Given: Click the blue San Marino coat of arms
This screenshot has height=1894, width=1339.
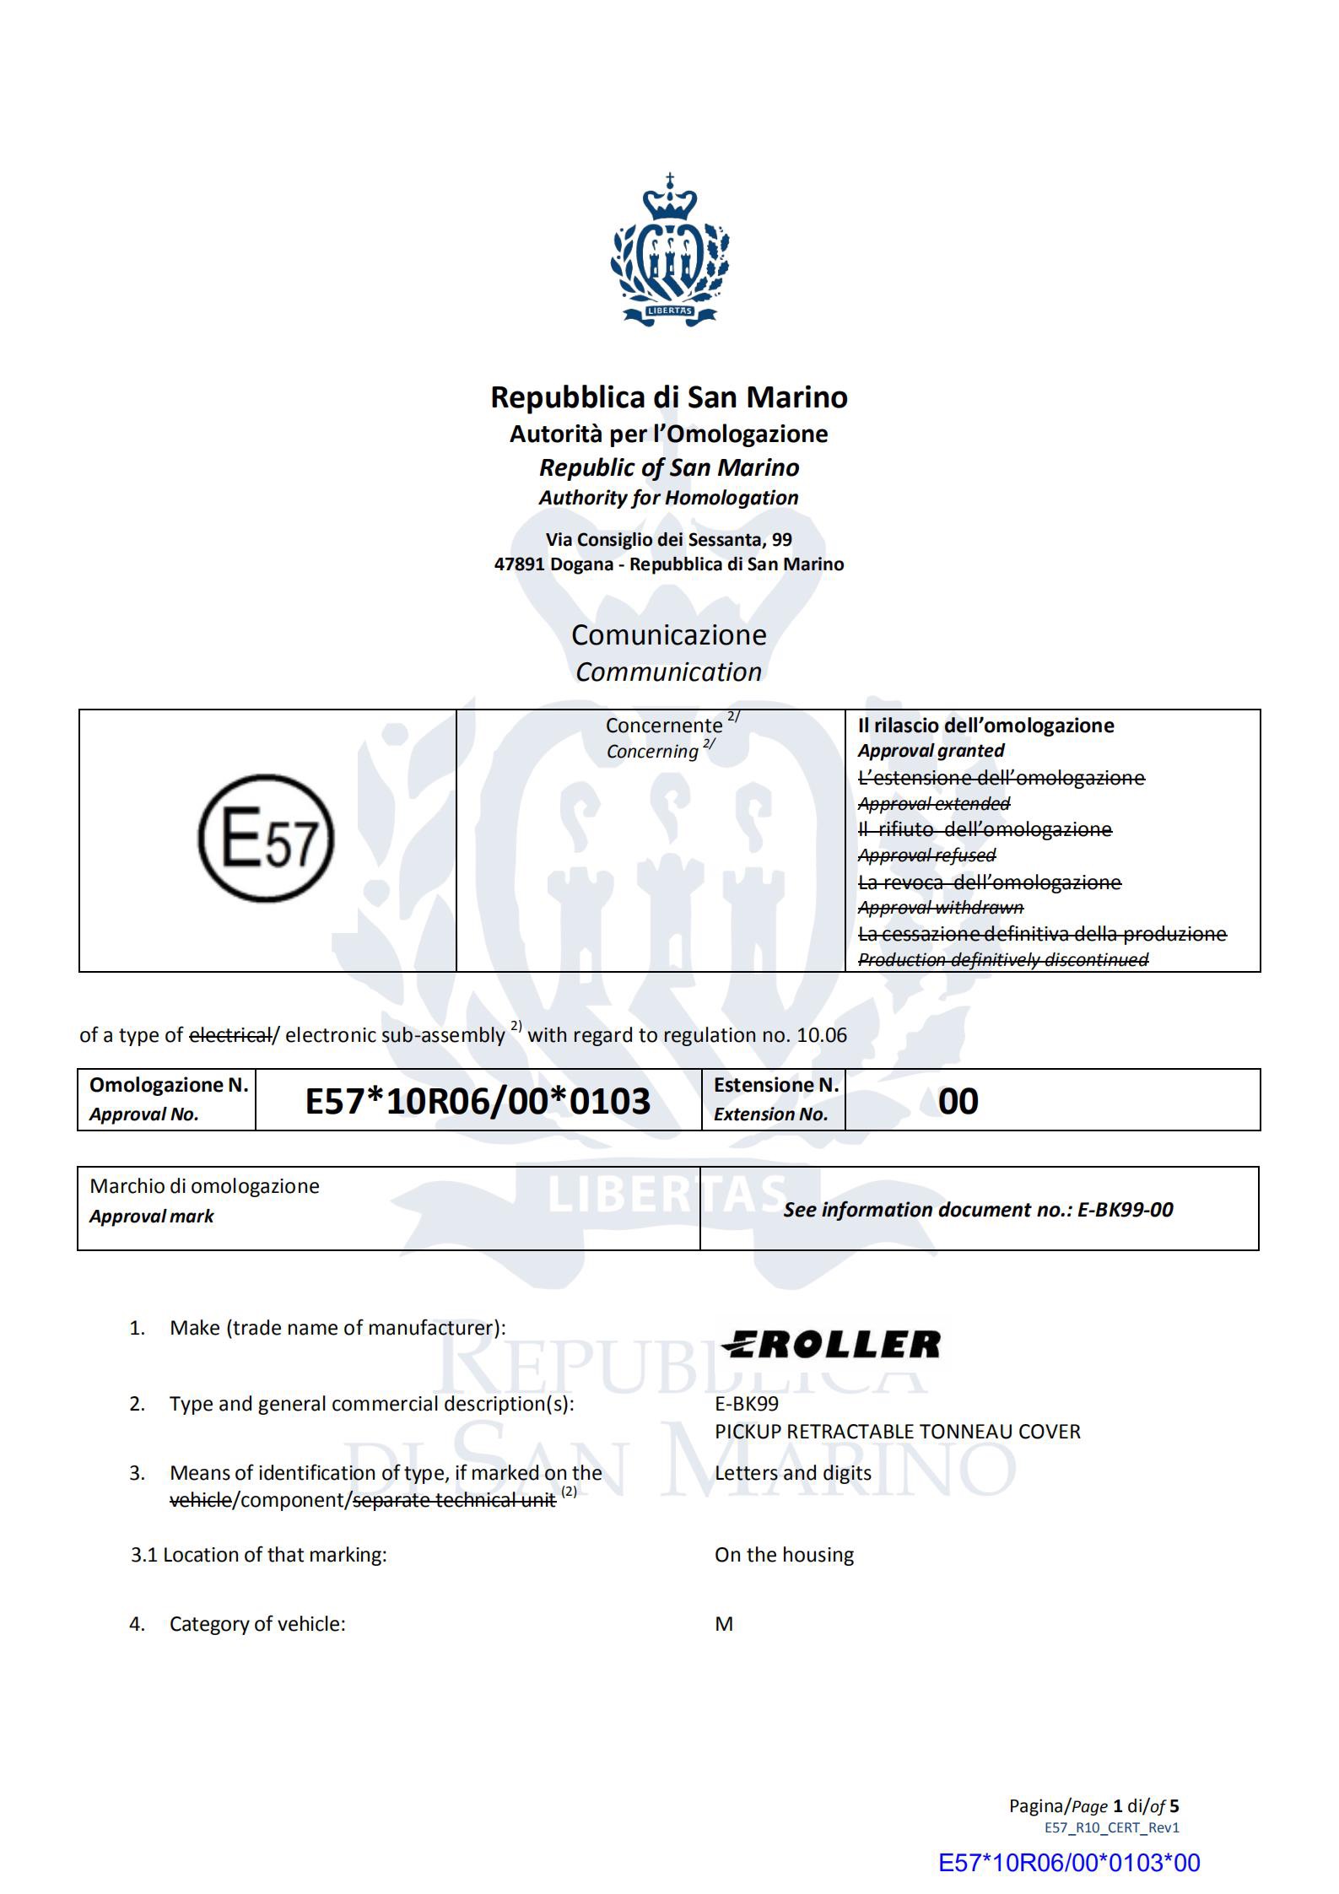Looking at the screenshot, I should [x=670, y=250].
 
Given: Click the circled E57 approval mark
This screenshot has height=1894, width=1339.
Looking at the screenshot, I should [x=267, y=839].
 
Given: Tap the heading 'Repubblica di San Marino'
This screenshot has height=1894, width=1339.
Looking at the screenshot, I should [x=669, y=397].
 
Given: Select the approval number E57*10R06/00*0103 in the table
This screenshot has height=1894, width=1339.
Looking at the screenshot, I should [x=478, y=1101].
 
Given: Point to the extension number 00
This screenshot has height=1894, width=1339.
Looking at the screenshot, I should [x=958, y=1101].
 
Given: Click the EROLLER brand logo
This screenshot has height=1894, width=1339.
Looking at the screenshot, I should [x=831, y=1345].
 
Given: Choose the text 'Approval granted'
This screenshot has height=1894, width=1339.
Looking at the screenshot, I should [x=931, y=751].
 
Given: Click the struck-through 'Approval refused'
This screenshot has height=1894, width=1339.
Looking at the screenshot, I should [x=926, y=855].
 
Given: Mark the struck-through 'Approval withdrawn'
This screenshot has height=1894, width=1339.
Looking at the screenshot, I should [x=940, y=908].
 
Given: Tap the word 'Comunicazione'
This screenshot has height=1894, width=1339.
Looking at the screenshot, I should [x=669, y=634].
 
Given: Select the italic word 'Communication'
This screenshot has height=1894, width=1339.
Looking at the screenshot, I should [x=669, y=672].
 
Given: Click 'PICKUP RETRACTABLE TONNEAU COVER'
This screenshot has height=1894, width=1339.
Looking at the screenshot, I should [x=897, y=1432].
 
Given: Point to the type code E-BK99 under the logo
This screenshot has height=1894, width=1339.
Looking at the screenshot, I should [x=747, y=1404].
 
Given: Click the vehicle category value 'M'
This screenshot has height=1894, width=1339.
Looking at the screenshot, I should [x=724, y=1624].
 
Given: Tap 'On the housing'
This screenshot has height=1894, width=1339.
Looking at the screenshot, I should [x=784, y=1555].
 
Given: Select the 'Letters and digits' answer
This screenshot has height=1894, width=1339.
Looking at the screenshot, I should [x=792, y=1473].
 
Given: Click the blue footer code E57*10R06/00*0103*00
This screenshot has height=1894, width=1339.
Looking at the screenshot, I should [x=1069, y=1863].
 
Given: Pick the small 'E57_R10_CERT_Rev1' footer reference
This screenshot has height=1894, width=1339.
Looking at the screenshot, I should [x=1111, y=1827].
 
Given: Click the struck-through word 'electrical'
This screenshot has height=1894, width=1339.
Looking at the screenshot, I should [x=230, y=1035].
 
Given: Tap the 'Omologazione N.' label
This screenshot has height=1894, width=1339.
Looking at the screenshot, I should [x=169, y=1085].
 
